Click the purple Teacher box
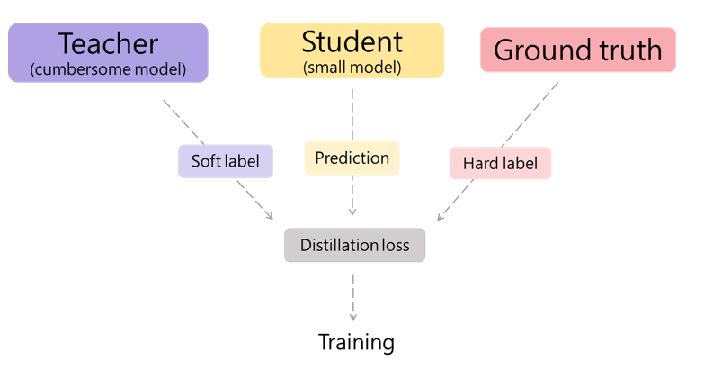[x=108, y=52]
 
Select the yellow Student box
[x=352, y=50]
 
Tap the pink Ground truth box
[x=577, y=50]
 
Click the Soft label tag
[x=225, y=161]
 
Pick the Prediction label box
[x=352, y=158]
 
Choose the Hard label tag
[x=500, y=163]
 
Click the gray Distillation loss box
[x=354, y=245]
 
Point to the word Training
[x=356, y=342]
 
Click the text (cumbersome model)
[x=108, y=69]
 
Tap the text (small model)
[x=352, y=68]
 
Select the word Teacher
[x=108, y=43]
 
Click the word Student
[x=352, y=41]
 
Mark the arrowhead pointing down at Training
[x=352, y=317]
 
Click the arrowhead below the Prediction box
[x=352, y=212]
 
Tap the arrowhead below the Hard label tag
[x=440, y=216]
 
